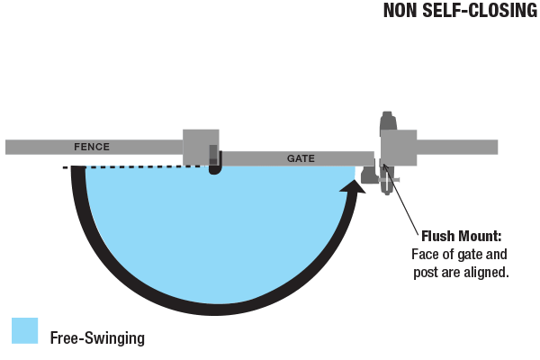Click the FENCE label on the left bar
92,146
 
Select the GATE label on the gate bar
301,158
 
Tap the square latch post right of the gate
399,147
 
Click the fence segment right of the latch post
457,147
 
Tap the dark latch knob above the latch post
388,121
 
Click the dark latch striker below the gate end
369,174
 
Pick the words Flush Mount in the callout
461,237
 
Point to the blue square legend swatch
24,330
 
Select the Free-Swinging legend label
97,338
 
